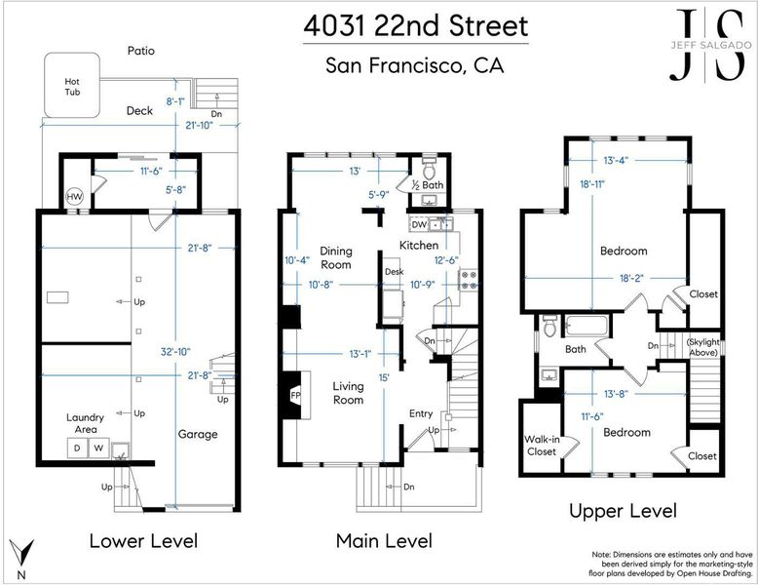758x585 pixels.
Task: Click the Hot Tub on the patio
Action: pyautogui.click(x=72, y=85)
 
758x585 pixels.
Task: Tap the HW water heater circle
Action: pyautogui.click(x=74, y=197)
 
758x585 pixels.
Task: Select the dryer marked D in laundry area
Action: pyautogui.click(x=77, y=448)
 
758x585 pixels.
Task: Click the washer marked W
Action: pyautogui.click(x=98, y=448)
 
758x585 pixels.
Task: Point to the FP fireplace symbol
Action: pyautogui.click(x=295, y=395)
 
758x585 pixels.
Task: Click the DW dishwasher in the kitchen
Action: pyautogui.click(x=420, y=224)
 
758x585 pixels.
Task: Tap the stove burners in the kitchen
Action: pyautogui.click(x=468, y=280)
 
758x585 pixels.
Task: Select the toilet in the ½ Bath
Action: pyautogui.click(x=430, y=167)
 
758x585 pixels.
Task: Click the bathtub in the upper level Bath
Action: pyautogui.click(x=586, y=325)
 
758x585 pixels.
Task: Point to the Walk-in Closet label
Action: pyautogui.click(x=542, y=446)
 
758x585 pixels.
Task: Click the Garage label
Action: pyautogui.click(x=198, y=435)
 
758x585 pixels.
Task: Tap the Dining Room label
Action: pyautogui.click(x=336, y=258)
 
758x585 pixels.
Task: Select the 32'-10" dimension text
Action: pyautogui.click(x=175, y=352)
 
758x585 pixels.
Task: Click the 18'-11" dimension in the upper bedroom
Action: pyautogui.click(x=592, y=184)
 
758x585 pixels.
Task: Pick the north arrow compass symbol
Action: pyautogui.click(x=22, y=557)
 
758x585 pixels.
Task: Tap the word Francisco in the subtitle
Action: pyautogui.click(x=416, y=65)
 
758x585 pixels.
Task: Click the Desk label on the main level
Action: pyautogui.click(x=394, y=272)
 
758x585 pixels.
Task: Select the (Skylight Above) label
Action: pyautogui.click(x=703, y=347)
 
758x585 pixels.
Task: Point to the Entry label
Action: pyautogui.click(x=421, y=413)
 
